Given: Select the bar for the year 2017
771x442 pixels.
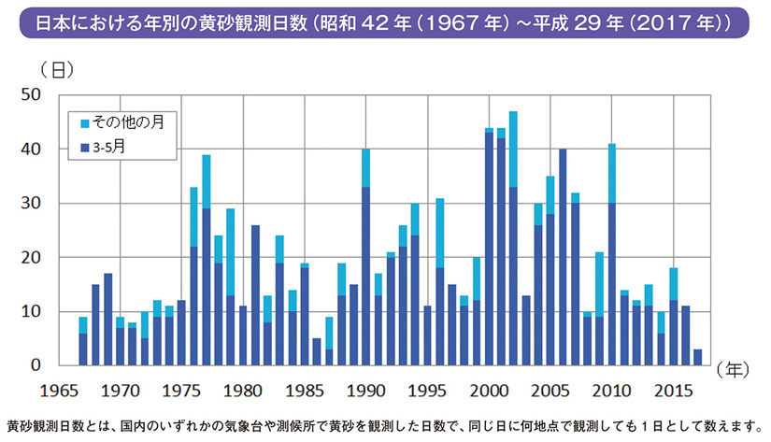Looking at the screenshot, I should [697, 357].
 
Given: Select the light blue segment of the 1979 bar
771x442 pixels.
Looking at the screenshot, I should [230, 251].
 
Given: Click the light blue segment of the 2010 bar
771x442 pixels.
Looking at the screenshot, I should [612, 173].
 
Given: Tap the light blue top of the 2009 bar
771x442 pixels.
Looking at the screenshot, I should [599, 284].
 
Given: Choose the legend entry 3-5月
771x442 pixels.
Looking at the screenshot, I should [116, 147].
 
